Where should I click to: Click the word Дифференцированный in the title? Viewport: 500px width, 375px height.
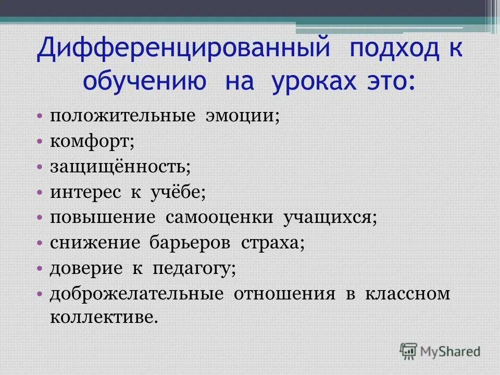(x=183, y=51)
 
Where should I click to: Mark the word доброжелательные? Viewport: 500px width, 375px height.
(x=137, y=294)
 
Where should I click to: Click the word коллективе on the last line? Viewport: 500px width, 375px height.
(x=103, y=317)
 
